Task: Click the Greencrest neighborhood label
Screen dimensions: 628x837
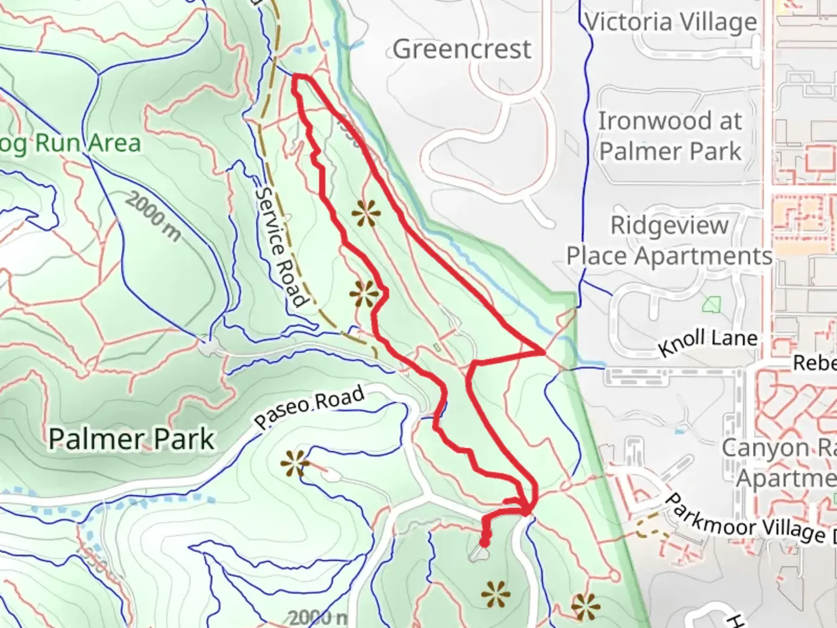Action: [462, 49]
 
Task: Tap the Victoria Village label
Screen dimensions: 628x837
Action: [671, 23]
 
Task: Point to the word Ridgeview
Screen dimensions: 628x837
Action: [669, 226]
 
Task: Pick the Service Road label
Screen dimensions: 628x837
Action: [280, 247]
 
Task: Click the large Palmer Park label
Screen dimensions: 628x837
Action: [131, 439]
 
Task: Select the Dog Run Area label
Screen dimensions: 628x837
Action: [70, 143]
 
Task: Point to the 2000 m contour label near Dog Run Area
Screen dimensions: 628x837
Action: [152, 217]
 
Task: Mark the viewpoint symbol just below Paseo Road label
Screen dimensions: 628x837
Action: [295, 464]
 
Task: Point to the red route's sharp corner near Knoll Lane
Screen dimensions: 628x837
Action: [543, 352]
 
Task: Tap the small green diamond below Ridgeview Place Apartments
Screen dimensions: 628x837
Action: [710, 304]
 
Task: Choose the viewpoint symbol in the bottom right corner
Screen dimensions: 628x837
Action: [585, 606]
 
